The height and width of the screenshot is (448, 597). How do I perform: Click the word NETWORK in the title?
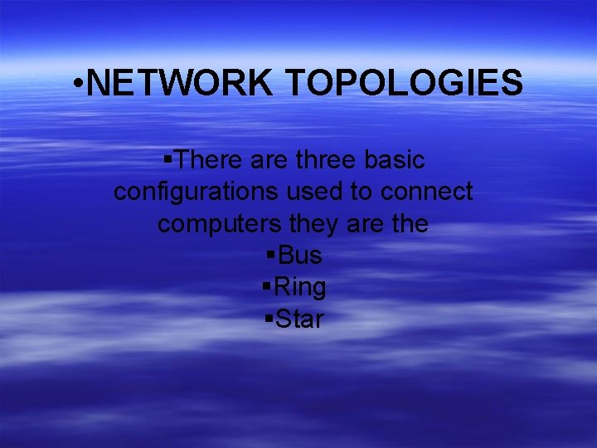coord(178,83)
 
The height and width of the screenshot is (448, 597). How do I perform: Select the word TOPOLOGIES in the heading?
coord(404,83)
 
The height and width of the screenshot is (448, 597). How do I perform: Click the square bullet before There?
coord(168,158)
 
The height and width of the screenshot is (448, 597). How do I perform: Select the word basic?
coord(395,159)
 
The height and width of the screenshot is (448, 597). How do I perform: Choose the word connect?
coord(427,192)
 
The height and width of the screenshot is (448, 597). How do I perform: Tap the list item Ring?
coord(299,288)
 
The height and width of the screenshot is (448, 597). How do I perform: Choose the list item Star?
coord(299,319)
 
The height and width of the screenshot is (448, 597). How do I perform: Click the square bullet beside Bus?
coord(271,255)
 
